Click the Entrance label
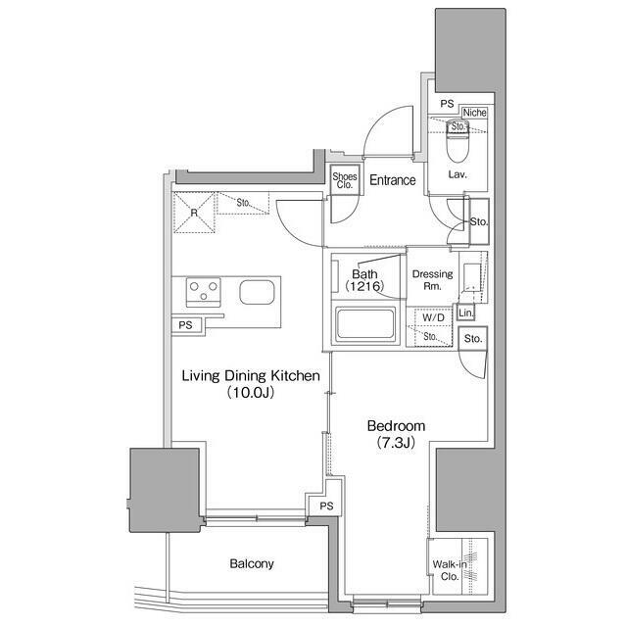click(x=392, y=180)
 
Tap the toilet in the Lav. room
click(x=458, y=148)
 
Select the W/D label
click(x=433, y=318)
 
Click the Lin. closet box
click(x=467, y=313)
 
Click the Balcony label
click(x=252, y=564)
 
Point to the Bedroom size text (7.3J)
click(x=396, y=444)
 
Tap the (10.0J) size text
click(x=252, y=393)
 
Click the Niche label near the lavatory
click(x=475, y=113)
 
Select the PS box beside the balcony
click(x=326, y=506)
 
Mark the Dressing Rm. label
click(x=432, y=281)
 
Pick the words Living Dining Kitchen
click(x=252, y=375)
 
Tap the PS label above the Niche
click(x=447, y=103)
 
